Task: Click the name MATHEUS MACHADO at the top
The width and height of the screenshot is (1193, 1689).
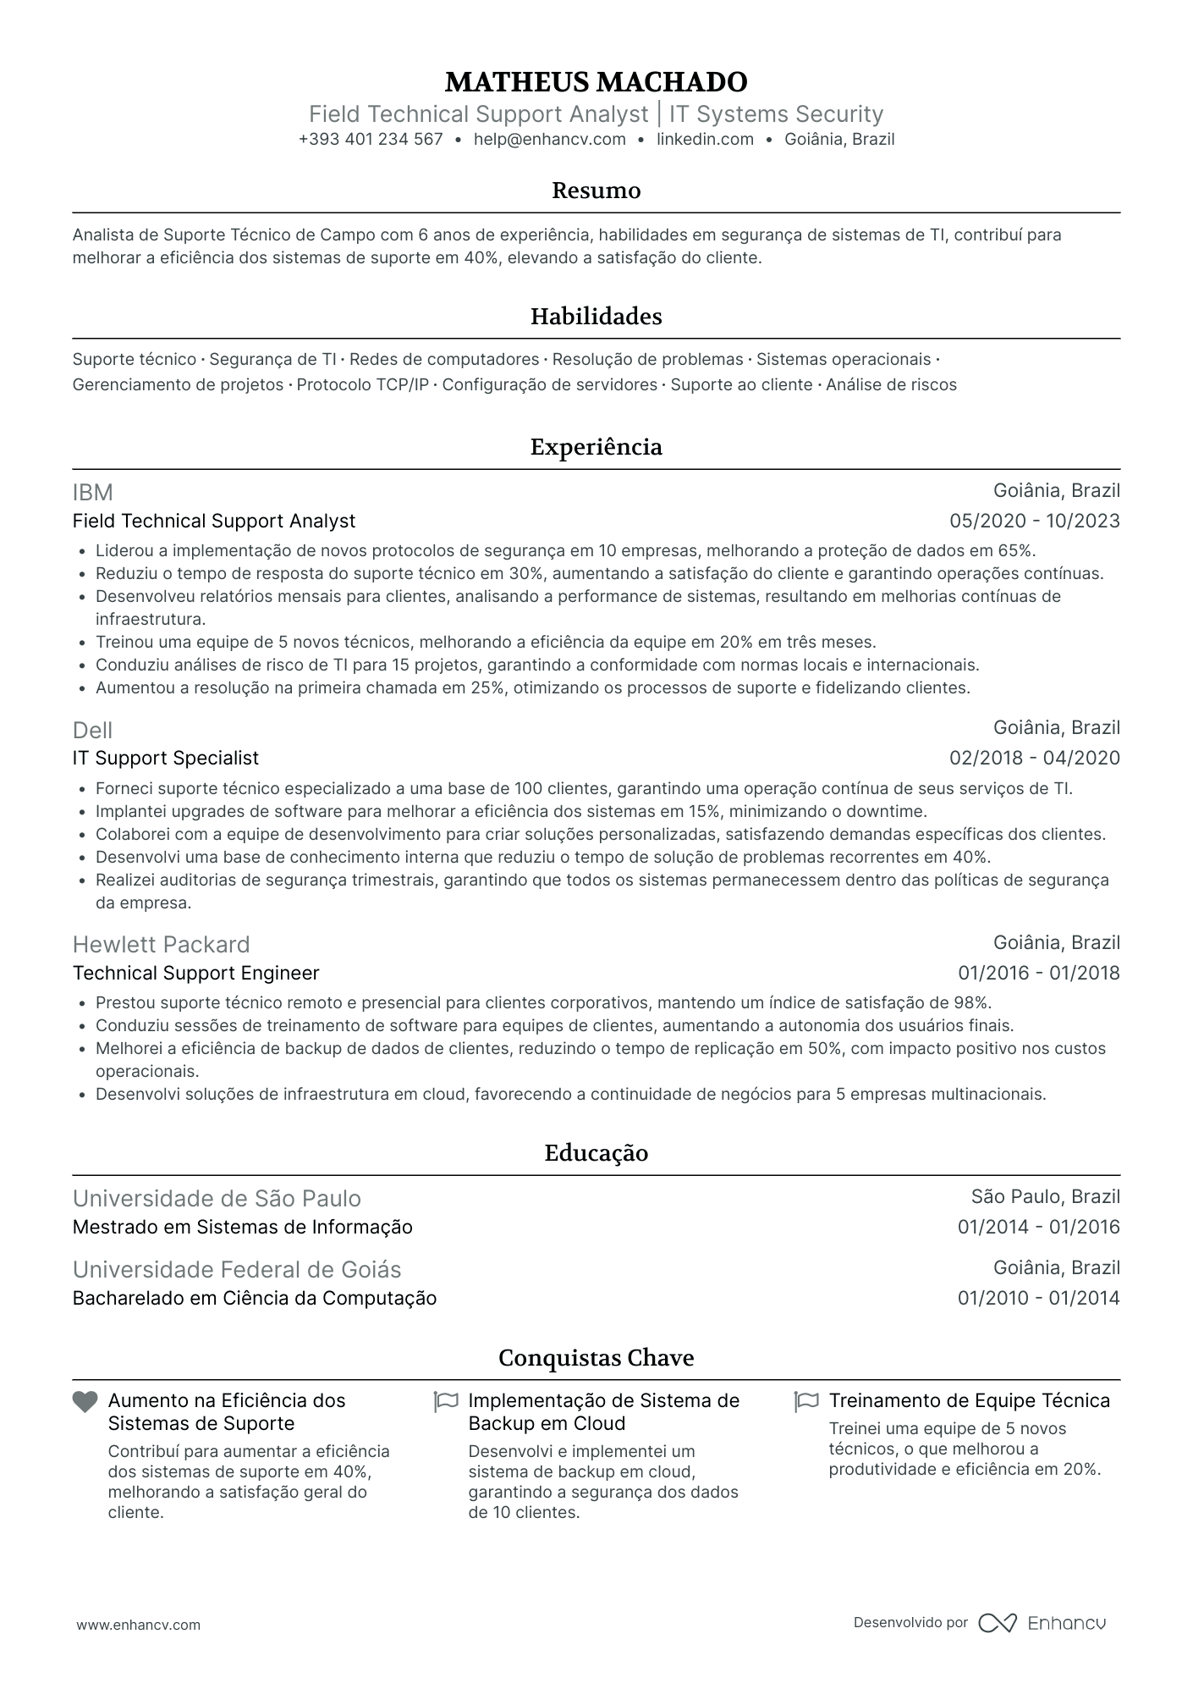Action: click(x=596, y=82)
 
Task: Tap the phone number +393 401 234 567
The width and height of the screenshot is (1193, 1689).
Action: click(x=371, y=140)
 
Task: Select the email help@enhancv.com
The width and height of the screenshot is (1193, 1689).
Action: click(x=550, y=140)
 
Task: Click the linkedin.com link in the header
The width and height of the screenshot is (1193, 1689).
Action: click(x=705, y=140)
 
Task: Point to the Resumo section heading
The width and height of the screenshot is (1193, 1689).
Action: click(x=596, y=190)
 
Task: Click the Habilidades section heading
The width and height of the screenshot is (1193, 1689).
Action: click(x=596, y=317)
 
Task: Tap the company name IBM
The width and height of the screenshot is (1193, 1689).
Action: click(x=93, y=493)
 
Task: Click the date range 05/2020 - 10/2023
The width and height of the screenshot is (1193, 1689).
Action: click(x=1035, y=522)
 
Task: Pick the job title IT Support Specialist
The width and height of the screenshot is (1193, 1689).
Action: click(x=166, y=759)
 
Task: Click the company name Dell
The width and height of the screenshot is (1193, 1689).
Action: click(x=93, y=730)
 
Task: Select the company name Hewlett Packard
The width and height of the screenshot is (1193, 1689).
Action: click(x=162, y=945)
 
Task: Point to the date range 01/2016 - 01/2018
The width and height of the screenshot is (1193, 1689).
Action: click(x=1038, y=974)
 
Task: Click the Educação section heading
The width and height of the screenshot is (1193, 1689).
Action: click(x=596, y=1153)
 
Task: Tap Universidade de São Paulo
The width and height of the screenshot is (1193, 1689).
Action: click(x=217, y=1199)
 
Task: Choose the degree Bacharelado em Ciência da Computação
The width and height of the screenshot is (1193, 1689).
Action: click(x=255, y=1299)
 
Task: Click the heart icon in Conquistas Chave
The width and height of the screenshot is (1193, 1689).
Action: click(x=85, y=1402)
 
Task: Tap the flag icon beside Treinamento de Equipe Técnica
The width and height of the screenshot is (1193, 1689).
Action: click(x=806, y=1402)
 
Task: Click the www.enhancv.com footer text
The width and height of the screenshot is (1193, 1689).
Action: click(x=139, y=1625)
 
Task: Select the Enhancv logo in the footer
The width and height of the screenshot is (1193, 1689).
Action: click(x=1042, y=1623)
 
